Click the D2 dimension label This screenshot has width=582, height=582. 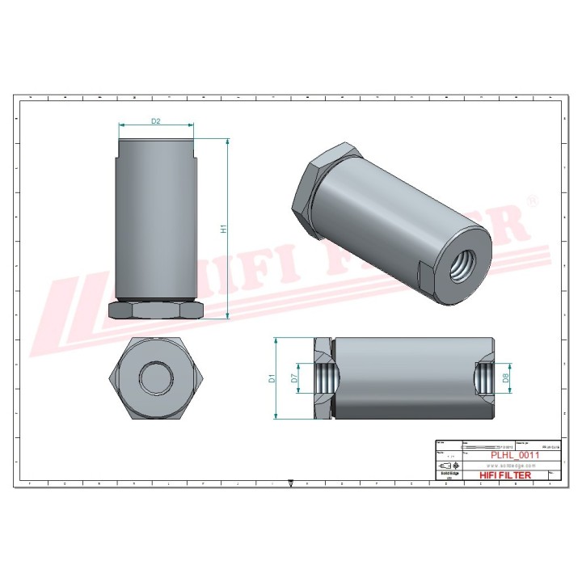tap(156, 121)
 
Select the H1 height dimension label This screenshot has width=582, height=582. tap(224, 229)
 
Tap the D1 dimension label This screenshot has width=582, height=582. tap(272, 377)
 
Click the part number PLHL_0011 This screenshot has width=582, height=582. tap(515, 455)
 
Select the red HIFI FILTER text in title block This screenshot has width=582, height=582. tap(506, 475)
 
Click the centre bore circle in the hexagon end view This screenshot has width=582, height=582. tap(154, 377)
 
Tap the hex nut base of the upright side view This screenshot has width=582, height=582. tap(156, 310)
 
